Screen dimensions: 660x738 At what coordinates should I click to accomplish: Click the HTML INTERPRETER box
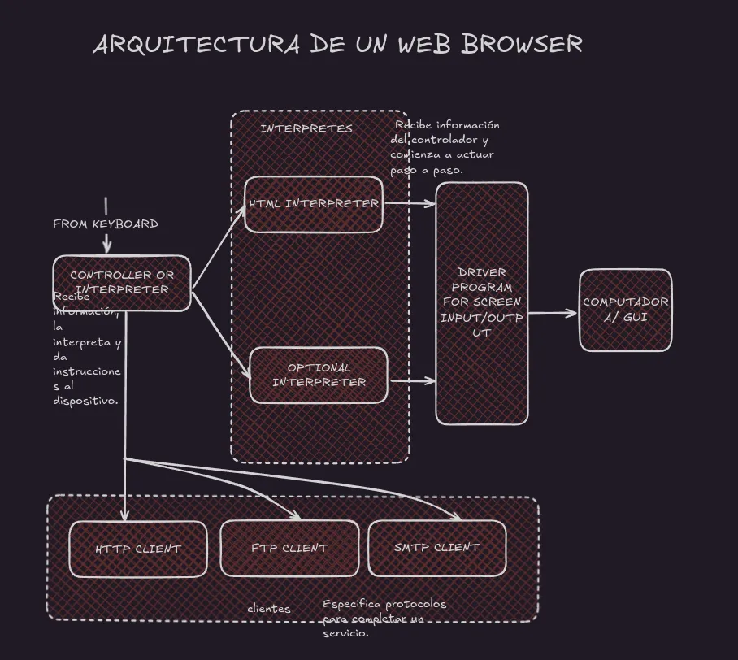(314, 204)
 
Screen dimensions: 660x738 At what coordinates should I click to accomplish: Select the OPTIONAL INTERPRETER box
(319, 375)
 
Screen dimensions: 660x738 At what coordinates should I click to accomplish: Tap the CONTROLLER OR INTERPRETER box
(122, 283)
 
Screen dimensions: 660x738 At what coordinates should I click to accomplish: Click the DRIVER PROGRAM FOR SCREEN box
(482, 302)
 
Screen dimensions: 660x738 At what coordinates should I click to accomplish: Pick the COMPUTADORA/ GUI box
(626, 310)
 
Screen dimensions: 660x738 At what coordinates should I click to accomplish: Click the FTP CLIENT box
(289, 549)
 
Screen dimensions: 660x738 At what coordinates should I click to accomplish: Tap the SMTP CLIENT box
(437, 548)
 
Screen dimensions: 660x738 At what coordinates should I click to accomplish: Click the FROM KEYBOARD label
(106, 224)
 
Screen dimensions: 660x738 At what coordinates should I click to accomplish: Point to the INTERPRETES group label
(306, 128)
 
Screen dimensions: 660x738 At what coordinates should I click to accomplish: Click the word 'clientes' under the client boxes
(269, 609)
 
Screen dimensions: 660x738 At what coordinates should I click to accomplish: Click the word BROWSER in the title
(522, 44)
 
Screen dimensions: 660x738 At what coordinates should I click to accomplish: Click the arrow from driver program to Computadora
(553, 313)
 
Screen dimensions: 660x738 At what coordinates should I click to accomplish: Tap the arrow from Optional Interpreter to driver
(413, 380)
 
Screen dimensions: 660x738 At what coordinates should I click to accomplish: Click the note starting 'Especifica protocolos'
(384, 618)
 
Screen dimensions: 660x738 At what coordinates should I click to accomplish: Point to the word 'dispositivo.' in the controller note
(86, 400)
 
